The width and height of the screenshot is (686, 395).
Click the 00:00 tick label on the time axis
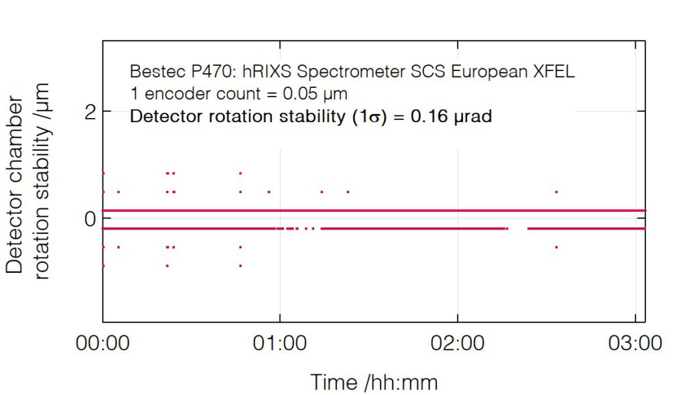(x=102, y=344)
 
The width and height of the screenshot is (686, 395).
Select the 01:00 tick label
(x=280, y=344)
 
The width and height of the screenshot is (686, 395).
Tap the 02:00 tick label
(x=458, y=344)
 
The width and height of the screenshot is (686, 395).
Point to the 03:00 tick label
(x=635, y=344)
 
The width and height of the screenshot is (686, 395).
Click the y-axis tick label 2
(x=89, y=111)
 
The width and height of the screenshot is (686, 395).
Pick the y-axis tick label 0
(x=89, y=219)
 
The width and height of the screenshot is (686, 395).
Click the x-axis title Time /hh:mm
(x=374, y=382)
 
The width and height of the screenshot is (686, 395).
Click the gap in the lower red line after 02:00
(x=518, y=229)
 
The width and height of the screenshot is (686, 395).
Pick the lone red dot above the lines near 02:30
(x=556, y=192)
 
